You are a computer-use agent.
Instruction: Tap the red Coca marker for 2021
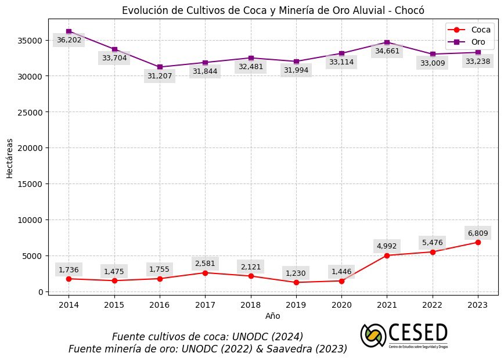[387, 255]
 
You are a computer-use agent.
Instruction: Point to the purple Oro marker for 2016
[160, 67]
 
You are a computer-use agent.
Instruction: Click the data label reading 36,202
[69, 40]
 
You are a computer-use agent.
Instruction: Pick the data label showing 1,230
[296, 273]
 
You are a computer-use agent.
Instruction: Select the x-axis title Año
[272, 316]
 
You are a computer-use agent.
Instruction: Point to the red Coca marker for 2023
[478, 242]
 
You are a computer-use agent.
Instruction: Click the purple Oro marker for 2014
[69, 31]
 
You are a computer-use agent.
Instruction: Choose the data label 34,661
[387, 51]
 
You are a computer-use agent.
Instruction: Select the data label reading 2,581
[205, 263]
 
